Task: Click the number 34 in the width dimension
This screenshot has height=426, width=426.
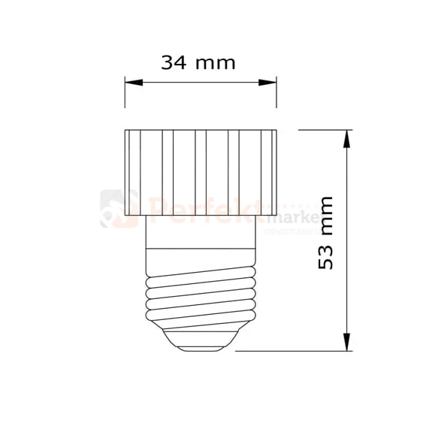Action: [174, 62]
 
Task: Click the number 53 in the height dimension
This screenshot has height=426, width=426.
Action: [325, 255]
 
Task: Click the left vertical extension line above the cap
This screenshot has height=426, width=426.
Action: [125, 101]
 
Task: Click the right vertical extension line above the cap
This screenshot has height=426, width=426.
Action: [277, 101]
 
